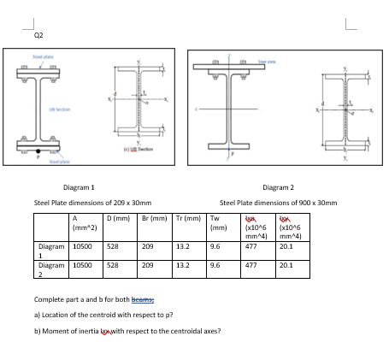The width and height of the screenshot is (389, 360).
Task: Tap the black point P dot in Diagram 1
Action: click(x=38, y=151)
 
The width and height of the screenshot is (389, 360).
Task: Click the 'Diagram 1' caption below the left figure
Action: click(x=80, y=186)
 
